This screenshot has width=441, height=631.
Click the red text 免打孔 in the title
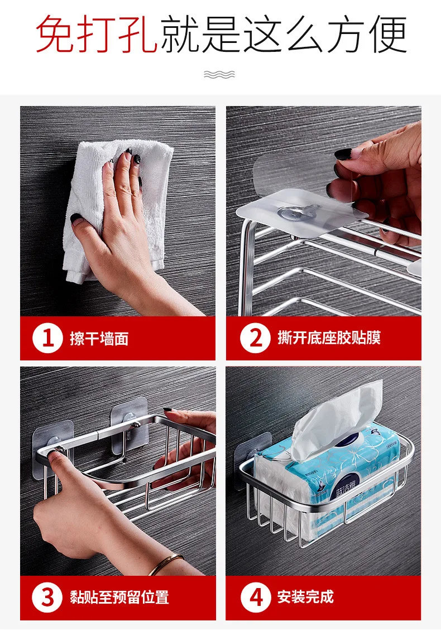(96, 34)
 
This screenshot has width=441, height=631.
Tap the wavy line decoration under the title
(219, 74)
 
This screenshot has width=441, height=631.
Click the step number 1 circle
(47, 338)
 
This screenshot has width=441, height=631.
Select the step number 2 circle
(255, 338)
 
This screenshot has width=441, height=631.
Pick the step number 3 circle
(47, 597)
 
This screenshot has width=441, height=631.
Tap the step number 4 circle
(255, 597)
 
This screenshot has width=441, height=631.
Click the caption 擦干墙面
(99, 339)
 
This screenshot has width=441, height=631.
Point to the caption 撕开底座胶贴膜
(329, 338)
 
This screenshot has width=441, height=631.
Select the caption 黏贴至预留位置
(119, 597)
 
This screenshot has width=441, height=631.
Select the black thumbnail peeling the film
(343, 154)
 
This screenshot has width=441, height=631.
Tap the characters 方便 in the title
(367, 34)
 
